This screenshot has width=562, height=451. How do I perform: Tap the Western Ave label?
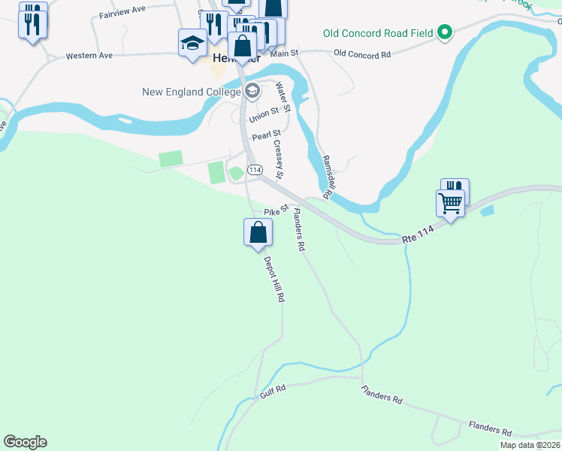coord(89,56)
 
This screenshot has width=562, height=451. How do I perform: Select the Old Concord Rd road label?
coord(362,54)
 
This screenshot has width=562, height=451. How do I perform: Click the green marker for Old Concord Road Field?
coord(445,32)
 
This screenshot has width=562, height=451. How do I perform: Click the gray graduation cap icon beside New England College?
coord(252,92)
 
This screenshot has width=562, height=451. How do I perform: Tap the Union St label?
coord(264,114)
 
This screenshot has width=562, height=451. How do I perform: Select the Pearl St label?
coord(266,136)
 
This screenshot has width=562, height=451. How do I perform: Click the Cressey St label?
coord(278,159)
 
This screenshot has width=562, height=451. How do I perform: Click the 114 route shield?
coord(255,171)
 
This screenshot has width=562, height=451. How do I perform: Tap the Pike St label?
coord(276,211)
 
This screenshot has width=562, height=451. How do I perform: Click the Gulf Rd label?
coord(274,390)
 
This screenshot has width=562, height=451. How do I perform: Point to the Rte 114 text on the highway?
coord(418,236)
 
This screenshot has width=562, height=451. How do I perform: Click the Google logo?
coord(25,442)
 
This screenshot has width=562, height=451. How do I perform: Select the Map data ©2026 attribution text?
coord(530,445)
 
